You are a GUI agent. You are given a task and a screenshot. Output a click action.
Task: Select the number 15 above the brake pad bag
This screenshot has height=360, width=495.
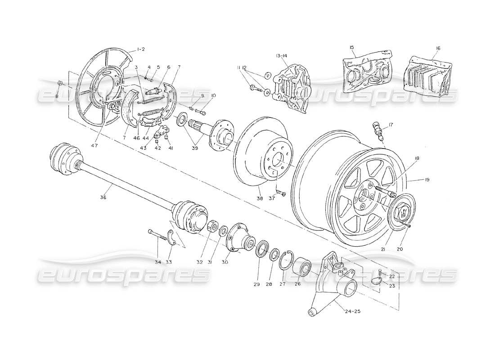(352, 47)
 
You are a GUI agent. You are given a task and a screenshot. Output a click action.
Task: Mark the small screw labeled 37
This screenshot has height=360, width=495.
(282, 194)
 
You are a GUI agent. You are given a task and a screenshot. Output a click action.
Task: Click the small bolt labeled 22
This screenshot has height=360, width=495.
(380, 271)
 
